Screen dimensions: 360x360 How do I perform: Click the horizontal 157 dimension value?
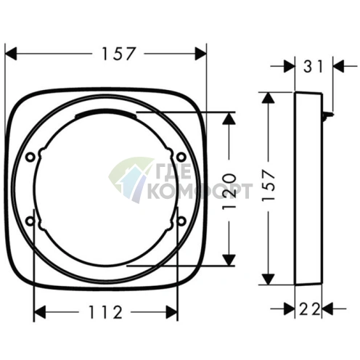(118, 54)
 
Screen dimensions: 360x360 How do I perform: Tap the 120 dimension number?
(229, 191)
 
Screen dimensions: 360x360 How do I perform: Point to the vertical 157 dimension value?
(269, 185)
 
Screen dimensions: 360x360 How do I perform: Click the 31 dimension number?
(314, 67)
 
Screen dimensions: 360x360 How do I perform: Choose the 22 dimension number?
(310, 309)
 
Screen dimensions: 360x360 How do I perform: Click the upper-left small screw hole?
(30, 157)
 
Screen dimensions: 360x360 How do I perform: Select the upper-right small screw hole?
(181, 157)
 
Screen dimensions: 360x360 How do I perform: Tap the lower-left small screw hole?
(30, 221)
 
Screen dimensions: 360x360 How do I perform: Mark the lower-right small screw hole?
(181, 221)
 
